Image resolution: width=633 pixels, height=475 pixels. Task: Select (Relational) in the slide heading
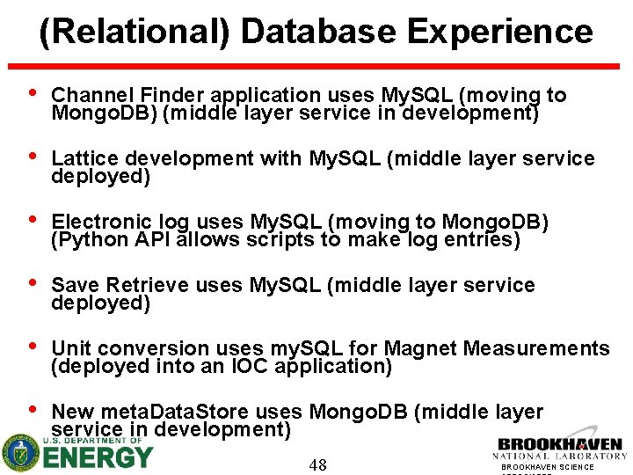coord(135,32)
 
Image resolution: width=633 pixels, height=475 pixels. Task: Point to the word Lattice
coord(85,158)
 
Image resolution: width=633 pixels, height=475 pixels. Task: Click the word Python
coord(88,239)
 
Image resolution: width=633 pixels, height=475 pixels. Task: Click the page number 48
coord(317,464)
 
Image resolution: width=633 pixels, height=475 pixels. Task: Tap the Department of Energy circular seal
coord(19,454)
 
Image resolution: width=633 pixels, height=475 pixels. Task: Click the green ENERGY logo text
coord(98,458)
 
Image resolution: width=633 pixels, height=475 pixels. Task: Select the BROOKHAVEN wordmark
coord(560,445)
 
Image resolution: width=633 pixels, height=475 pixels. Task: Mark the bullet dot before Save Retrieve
coord(33,284)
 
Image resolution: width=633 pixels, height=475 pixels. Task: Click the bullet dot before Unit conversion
coord(33,347)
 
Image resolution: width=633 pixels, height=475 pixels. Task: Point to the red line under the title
coord(316,65)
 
